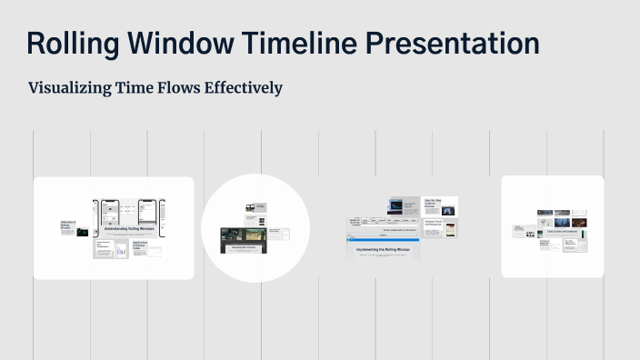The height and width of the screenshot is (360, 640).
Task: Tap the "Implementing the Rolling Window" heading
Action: (x=383, y=247)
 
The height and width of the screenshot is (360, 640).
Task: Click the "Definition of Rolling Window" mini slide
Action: (x=68, y=226)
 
